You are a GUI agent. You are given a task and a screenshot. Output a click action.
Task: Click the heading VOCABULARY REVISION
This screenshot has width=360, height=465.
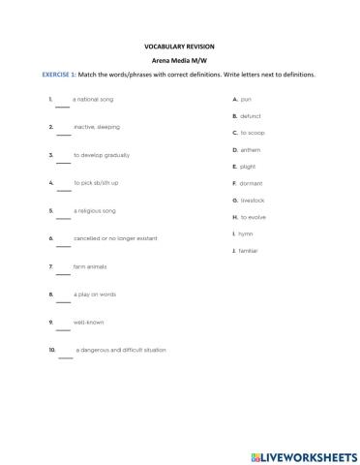[x=181, y=46]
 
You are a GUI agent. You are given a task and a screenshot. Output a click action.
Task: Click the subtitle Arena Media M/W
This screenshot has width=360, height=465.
[x=181, y=60]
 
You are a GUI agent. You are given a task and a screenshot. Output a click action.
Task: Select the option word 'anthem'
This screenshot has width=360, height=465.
[x=250, y=150]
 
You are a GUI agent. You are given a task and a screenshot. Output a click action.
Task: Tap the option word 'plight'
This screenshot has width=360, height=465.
[x=248, y=167]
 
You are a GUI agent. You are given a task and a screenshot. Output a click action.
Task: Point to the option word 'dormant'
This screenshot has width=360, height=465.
[x=251, y=183]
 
